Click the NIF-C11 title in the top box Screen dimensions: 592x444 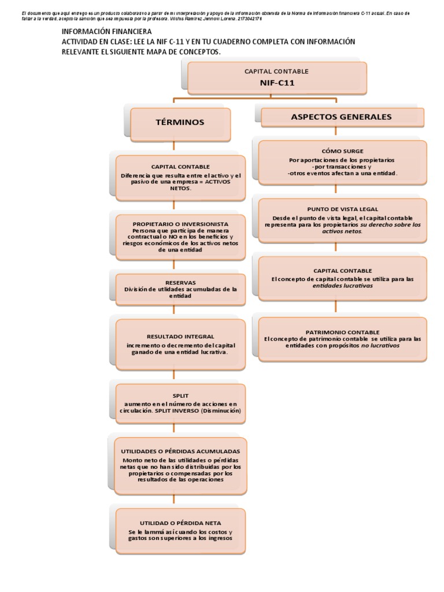tap(277, 83)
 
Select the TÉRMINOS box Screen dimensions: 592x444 tap(180, 123)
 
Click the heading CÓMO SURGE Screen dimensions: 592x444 tap(342, 151)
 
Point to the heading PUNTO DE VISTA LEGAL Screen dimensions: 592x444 tap(342, 210)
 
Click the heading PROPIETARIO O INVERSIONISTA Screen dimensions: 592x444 tap(180, 224)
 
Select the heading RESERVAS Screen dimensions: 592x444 tap(180, 283)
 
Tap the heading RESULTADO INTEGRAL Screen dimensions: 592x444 tap(180, 336)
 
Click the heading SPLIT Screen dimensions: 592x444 tap(180, 395)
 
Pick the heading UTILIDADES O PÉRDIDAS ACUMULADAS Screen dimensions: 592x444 tap(180, 450)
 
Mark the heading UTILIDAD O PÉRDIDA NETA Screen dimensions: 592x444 tap(180, 523)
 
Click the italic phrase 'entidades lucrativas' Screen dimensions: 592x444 tap(342, 286)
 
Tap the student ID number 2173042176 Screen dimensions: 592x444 tap(245, 18)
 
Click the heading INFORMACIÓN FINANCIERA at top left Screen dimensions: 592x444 tap(106, 31)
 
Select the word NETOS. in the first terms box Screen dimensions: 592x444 tap(180, 188)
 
